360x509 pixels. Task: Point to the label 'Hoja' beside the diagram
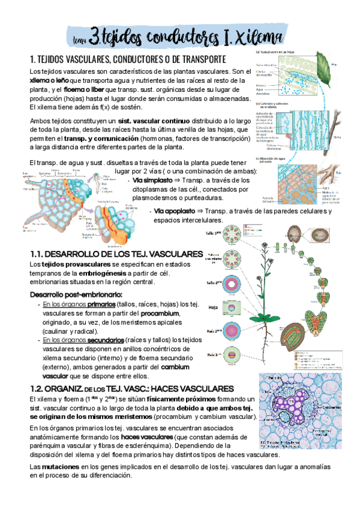(212, 307)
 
